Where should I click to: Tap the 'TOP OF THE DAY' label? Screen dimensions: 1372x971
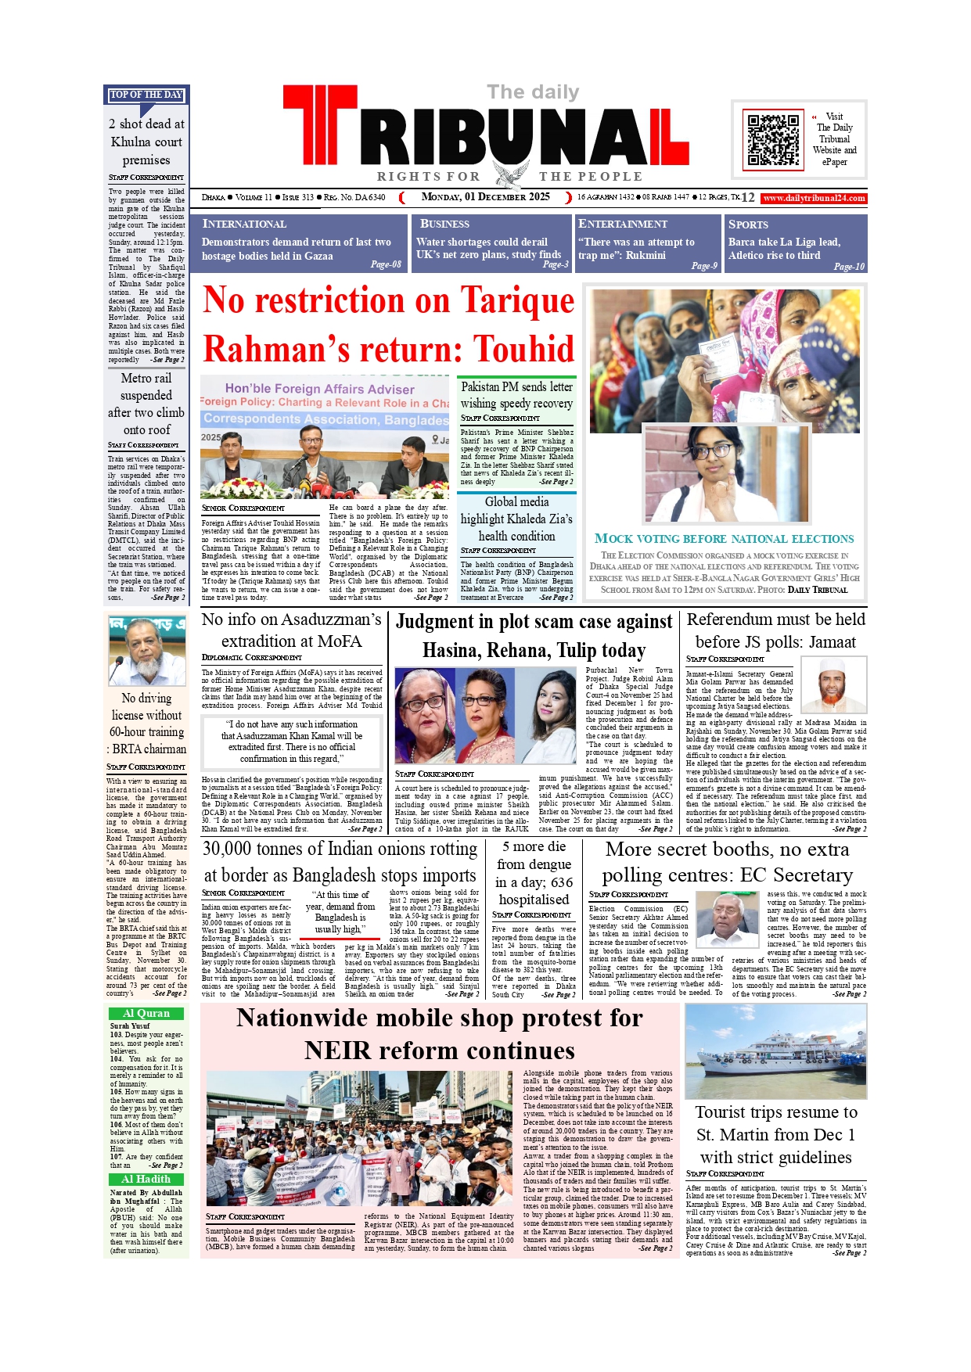[146, 95]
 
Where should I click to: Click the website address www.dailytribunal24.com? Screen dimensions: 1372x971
[814, 198]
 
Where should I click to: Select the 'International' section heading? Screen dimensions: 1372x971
[244, 224]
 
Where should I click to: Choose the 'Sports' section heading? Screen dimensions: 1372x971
[748, 224]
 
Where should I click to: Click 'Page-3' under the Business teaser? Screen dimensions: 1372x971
[556, 264]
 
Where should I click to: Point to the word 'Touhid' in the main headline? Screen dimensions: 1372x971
[524, 349]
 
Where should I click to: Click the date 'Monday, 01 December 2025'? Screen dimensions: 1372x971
[485, 197]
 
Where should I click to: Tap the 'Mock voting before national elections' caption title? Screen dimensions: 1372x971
[724, 539]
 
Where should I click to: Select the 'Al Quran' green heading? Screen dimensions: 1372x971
[146, 1013]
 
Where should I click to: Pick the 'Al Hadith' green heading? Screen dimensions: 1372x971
[146, 1179]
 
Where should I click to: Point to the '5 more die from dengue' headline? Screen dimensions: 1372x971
[534, 873]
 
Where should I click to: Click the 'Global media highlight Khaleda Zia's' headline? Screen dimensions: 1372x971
[516, 519]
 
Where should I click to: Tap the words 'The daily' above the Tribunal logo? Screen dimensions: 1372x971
[533, 92]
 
